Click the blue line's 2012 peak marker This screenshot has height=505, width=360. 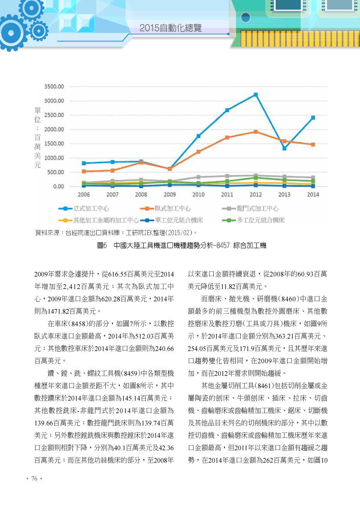pyautogui.click(x=256, y=95)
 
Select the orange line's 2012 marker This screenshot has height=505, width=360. pyautogui.click(x=256, y=132)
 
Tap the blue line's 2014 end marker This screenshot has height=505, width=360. pyautogui.click(x=313, y=118)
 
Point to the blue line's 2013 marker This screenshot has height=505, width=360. pyautogui.click(x=284, y=149)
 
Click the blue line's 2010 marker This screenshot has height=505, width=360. pyautogui.click(x=198, y=136)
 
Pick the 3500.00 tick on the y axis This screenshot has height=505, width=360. pyautogui.click(x=54, y=86)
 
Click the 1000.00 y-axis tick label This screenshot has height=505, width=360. pyautogui.click(x=54, y=158)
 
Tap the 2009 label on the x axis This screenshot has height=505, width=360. pyautogui.click(x=170, y=194)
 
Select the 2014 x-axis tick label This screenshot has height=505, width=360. pyautogui.click(x=313, y=194)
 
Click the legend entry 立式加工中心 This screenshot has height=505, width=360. pyautogui.click(x=84, y=209)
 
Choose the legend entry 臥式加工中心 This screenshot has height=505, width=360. pyautogui.click(x=166, y=209)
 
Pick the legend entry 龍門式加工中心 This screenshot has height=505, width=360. pyautogui.click(x=250, y=209)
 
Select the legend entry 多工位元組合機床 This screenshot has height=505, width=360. pyautogui.click(x=253, y=220)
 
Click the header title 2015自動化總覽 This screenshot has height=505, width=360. pyautogui.click(x=171, y=28)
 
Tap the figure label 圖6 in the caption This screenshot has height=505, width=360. pyautogui.click(x=102, y=246)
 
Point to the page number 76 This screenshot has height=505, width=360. pyautogui.click(x=35, y=478)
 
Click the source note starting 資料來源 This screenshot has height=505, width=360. pyautogui.click(x=116, y=233)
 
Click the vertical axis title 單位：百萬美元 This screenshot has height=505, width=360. pyautogui.click(x=38, y=138)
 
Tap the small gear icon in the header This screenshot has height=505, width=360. pyautogui.click(x=39, y=31)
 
